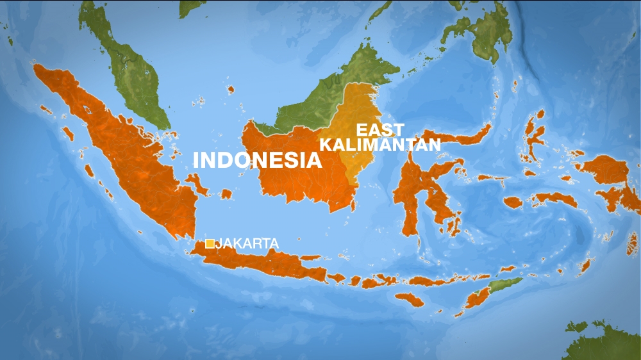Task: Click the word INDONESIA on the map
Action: coord(257,160)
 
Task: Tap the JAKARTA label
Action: coord(247,243)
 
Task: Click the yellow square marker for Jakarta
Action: coord(210,243)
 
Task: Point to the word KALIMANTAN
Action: coord(380,145)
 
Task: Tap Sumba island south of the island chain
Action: coord(409,299)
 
